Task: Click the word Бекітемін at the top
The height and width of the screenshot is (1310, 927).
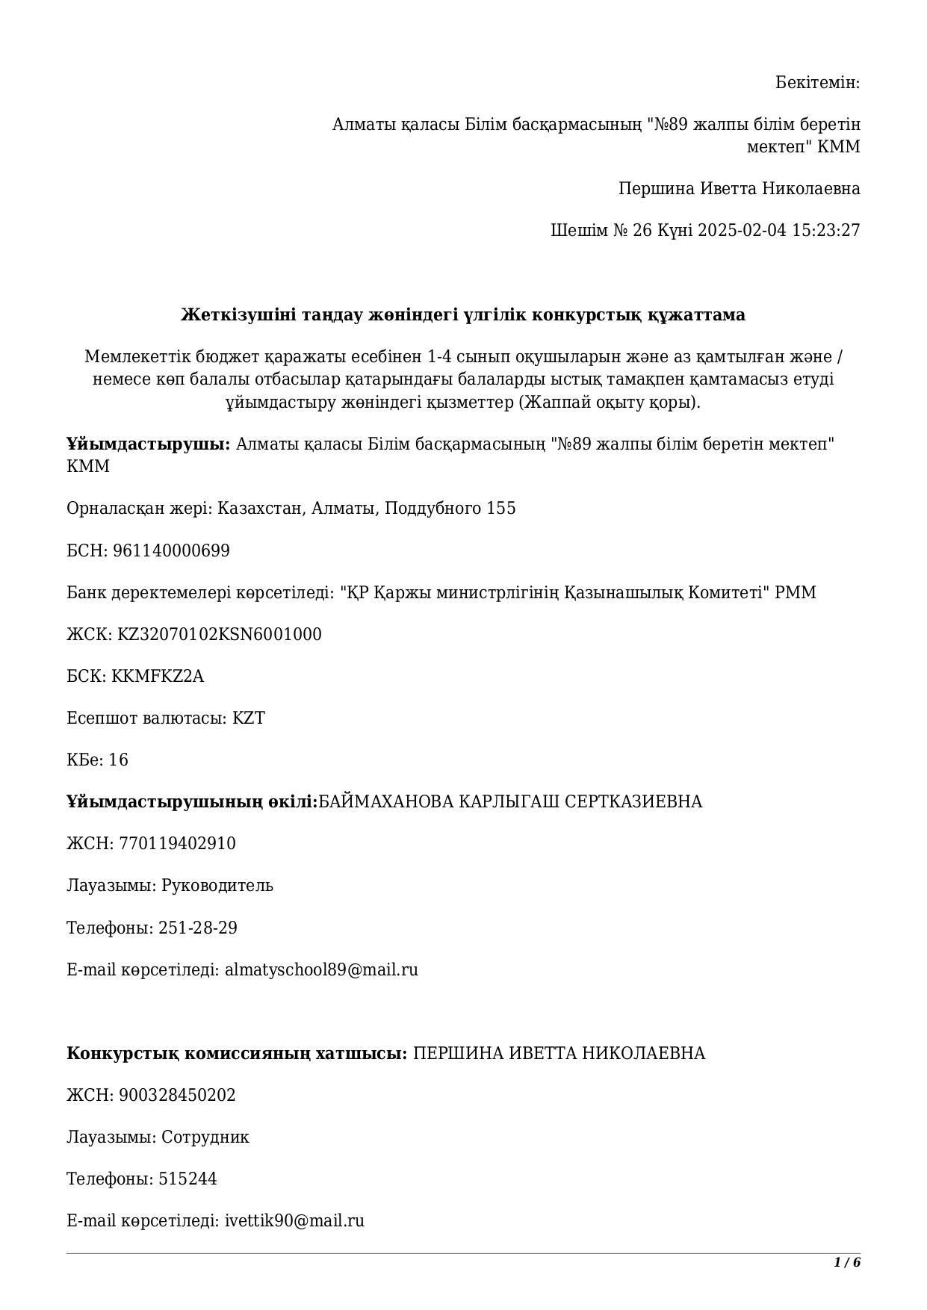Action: click(817, 82)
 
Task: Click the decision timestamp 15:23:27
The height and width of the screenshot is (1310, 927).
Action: click(826, 230)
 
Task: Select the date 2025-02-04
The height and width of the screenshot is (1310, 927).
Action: click(742, 230)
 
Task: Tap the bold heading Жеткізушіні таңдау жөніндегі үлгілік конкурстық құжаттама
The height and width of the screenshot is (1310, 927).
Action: click(463, 315)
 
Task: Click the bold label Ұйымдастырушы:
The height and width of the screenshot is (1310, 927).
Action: click(149, 444)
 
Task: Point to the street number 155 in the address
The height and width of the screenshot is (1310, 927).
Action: click(501, 509)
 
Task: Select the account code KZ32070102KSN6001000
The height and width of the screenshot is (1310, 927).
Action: click(220, 635)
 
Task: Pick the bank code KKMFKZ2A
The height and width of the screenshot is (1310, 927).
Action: click(158, 677)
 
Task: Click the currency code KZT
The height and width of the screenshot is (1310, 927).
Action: click(249, 718)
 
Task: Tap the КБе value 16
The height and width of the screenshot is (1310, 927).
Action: click(119, 760)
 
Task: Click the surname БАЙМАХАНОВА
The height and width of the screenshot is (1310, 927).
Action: click(385, 802)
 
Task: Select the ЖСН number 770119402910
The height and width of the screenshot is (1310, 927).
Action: click(177, 844)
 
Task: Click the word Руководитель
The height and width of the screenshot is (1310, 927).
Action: click(217, 886)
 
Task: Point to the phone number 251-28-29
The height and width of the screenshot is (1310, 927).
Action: click(198, 928)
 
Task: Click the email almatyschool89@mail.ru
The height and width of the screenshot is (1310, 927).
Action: click(321, 970)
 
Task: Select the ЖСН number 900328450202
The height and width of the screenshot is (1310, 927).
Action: click(177, 1096)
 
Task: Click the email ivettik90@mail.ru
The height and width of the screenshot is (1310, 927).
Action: click(294, 1221)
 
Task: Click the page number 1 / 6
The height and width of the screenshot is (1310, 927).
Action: click(847, 1263)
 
